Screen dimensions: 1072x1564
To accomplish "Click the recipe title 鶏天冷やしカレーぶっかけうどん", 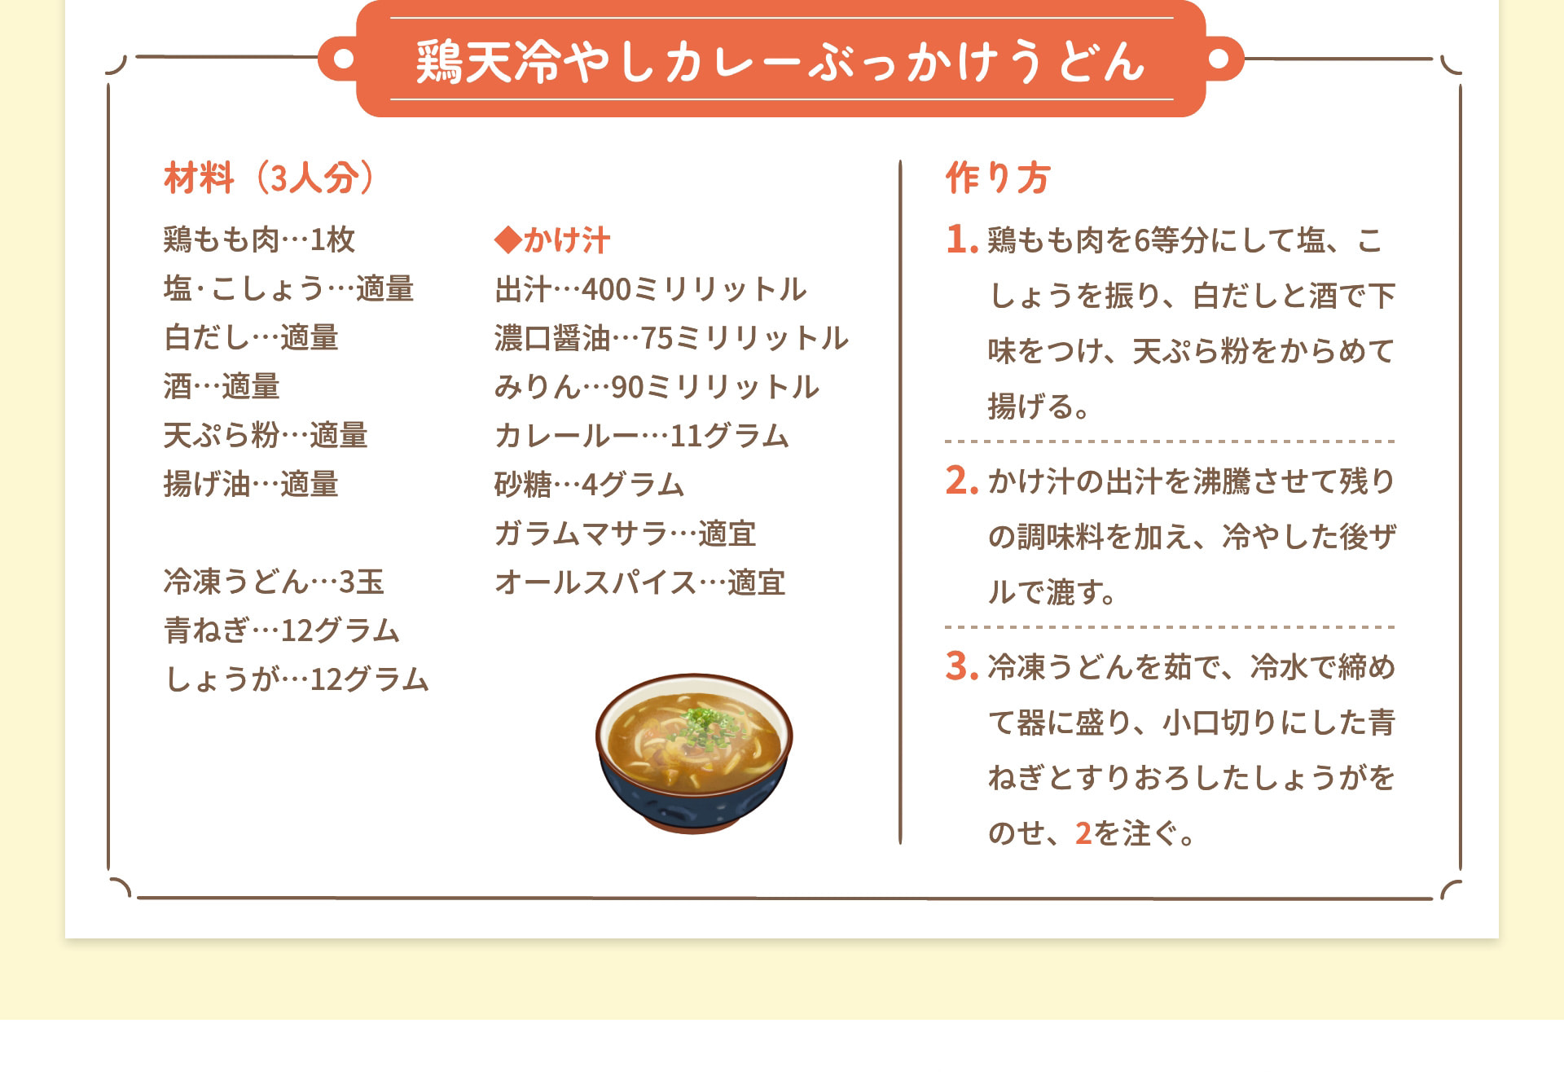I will click(780, 61).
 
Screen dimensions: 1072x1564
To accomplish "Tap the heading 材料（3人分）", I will click(269, 178).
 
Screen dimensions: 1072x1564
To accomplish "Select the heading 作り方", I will click(997, 178).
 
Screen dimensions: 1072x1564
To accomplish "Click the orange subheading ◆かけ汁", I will click(552, 240).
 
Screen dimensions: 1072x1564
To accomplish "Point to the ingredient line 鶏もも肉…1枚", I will click(259, 239).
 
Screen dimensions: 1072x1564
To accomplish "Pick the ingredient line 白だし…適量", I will click(251, 337).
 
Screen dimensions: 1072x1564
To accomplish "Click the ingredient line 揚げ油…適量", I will click(251, 484).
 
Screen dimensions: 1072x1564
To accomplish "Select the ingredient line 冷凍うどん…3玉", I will click(274, 582).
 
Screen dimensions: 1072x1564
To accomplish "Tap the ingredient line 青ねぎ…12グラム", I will click(282, 630).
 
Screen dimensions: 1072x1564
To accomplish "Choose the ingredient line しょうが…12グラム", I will click(297, 679).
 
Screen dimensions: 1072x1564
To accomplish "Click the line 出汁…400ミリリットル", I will click(650, 289).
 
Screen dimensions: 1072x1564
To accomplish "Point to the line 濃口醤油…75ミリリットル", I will click(671, 338).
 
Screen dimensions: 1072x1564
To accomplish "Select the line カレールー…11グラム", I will click(642, 436).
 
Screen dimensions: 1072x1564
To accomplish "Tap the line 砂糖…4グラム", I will click(589, 485).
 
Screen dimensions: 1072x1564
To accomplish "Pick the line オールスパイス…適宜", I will click(640, 582).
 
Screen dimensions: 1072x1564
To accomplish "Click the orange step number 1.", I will click(961, 239).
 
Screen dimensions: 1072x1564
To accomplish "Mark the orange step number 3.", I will click(961, 666).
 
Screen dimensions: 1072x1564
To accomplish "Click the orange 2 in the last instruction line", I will click(1083, 833).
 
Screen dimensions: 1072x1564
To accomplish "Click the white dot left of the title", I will click(344, 59).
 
